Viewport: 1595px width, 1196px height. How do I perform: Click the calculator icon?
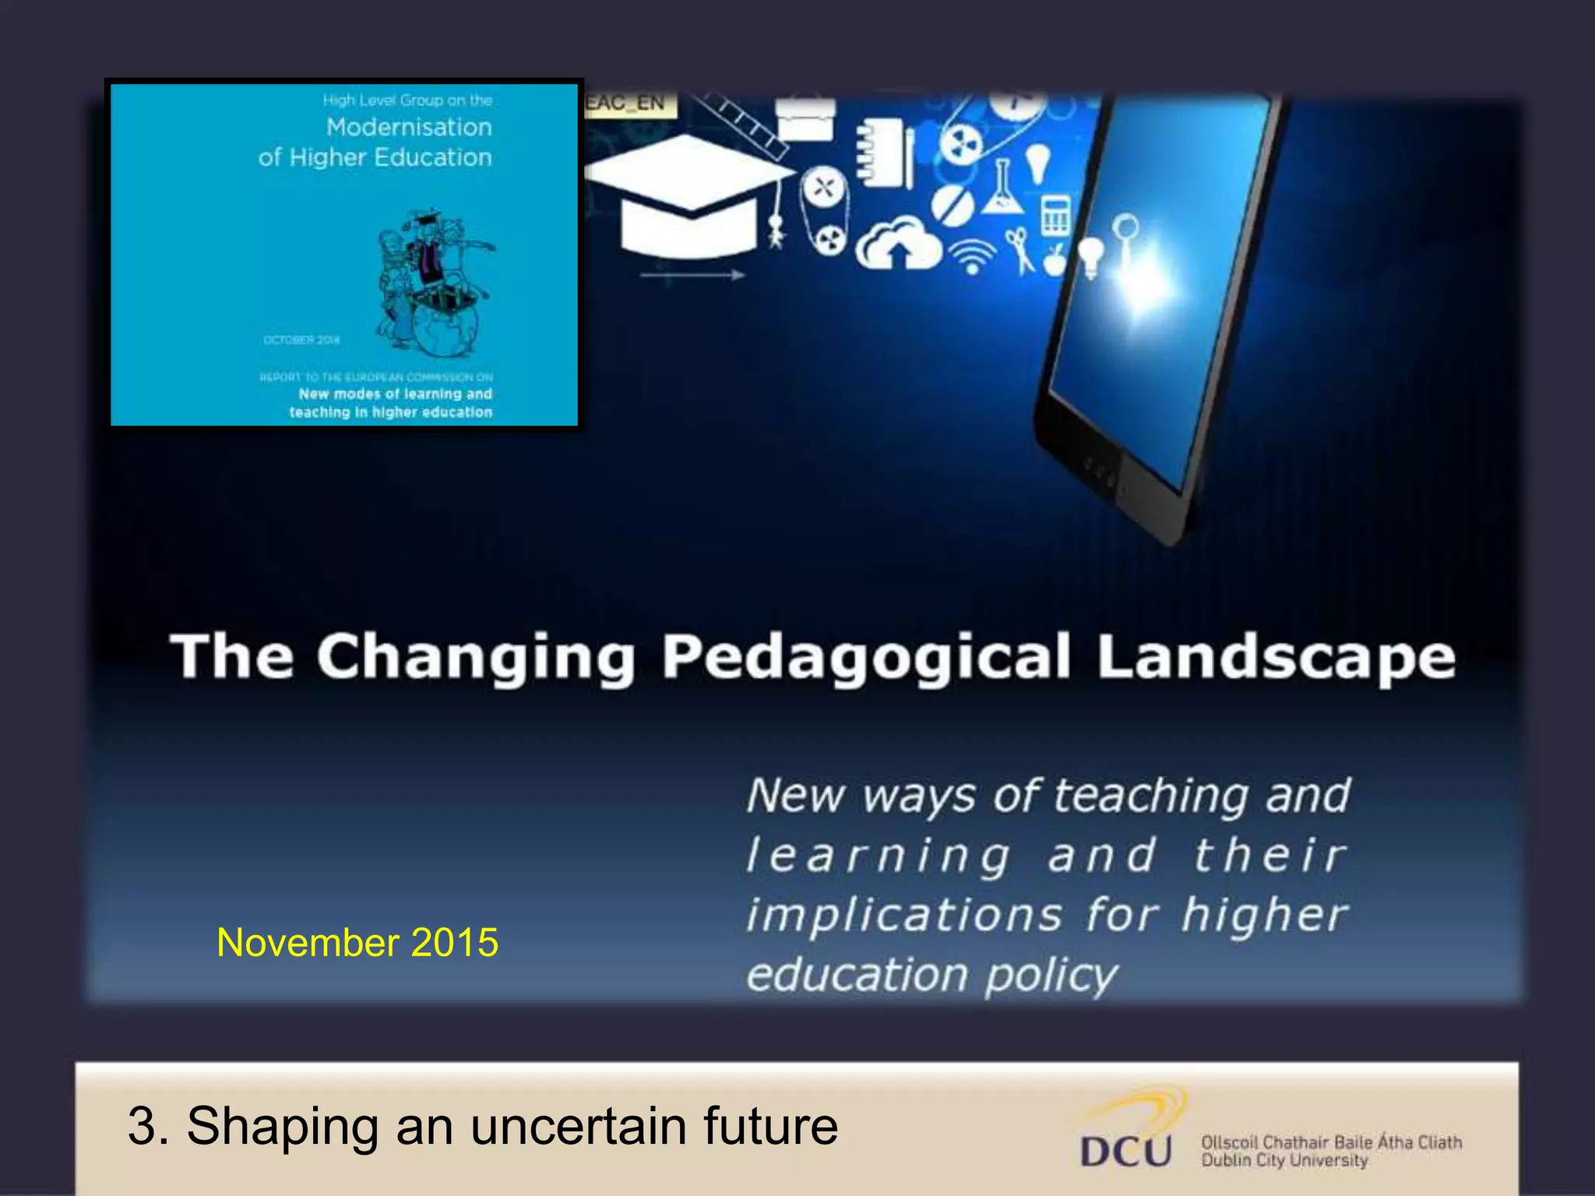[x=1055, y=214]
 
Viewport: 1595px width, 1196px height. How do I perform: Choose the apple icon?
[x=1055, y=260]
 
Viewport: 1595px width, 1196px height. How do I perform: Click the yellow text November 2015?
[x=357, y=942]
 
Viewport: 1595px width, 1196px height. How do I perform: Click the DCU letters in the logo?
[x=1126, y=1150]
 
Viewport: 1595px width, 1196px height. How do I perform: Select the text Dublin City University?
[x=1284, y=1160]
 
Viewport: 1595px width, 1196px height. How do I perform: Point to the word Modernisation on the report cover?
[x=409, y=127]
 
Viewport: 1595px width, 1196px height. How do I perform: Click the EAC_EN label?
[x=628, y=103]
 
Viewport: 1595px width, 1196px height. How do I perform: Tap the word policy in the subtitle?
[x=1051, y=975]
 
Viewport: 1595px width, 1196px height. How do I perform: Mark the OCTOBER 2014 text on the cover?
[x=301, y=339]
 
